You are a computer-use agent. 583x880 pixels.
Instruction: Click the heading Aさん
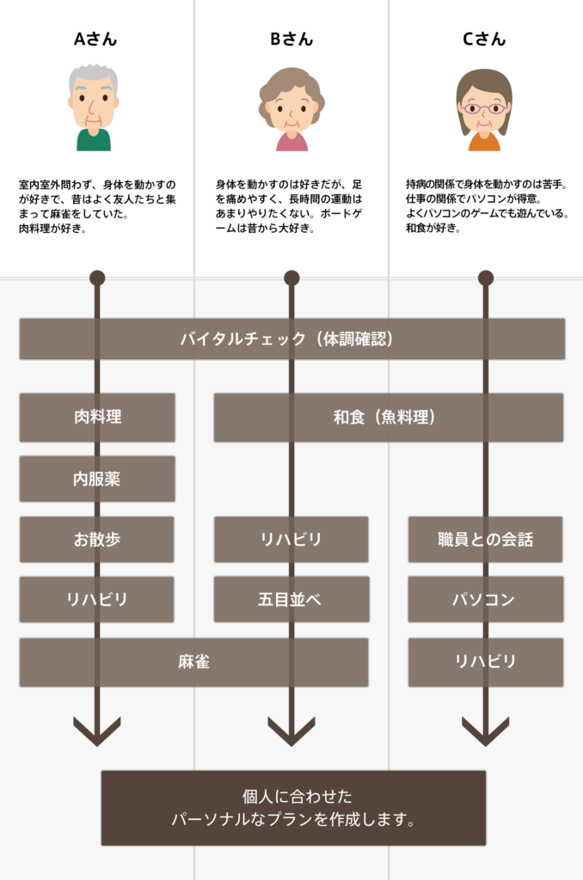[x=95, y=39]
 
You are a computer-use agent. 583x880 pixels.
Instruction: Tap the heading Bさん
[x=291, y=39]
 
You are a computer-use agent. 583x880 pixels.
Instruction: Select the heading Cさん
[x=484, y=39]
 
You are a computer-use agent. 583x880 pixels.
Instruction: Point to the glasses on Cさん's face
[x=484, y=108]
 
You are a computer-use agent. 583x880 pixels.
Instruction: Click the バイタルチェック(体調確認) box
[x=292, y=339]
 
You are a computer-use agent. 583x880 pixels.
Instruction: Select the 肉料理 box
[x=97, y=417]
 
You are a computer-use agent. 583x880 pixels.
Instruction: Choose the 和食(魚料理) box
[x=389, y=417]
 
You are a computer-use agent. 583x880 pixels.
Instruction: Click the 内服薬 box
[x=97, y=479]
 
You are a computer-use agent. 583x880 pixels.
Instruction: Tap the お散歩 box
[x=96, y=540]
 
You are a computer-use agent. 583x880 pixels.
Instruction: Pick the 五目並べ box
[x=291, y=599]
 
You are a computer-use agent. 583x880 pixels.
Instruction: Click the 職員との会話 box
[x=485, y=540]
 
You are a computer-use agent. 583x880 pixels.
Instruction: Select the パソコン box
[x=486, y=599]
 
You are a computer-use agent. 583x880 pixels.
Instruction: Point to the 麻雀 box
[x=193, y=663]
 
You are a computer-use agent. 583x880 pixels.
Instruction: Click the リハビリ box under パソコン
[x=486, y=663]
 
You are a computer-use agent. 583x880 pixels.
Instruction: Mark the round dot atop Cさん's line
[x=486, y=278]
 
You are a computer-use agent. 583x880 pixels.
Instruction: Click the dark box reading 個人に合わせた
[x=293, y=808]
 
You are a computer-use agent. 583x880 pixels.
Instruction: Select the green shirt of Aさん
[x=93, y=140]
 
